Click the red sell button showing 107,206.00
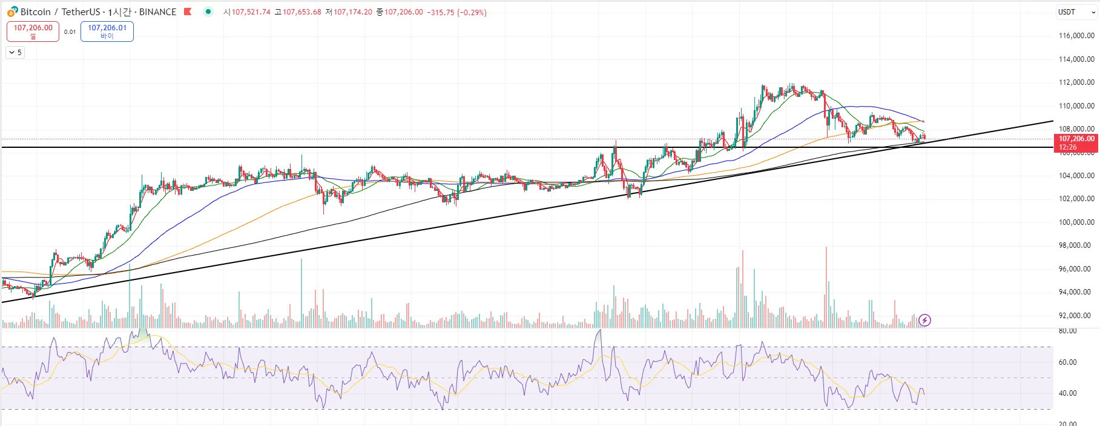[33, 32]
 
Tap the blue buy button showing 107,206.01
[107, 32]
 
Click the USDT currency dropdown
[1076, 12]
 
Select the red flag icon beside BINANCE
[188, 12]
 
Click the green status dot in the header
[208, 12]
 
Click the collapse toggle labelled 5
[15, 53]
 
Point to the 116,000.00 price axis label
[1076, 36]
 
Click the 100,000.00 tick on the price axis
[1076, 222]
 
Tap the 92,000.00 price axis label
[1076, 316]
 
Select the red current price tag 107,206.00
[1076, 142]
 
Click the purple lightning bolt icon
[924, 320]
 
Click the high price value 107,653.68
[301, 12]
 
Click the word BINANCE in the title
[157, 12]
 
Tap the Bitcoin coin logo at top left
[12, 12]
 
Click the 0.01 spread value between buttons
[70, 32]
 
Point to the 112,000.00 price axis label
[1076, 82]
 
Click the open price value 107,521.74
[251, 12]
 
